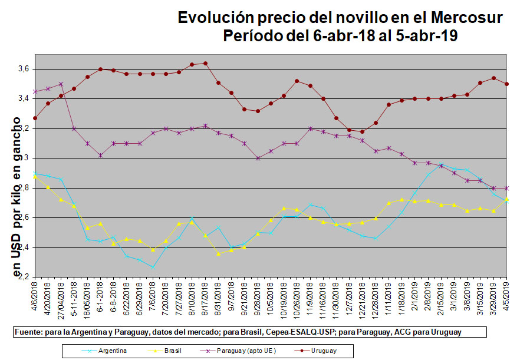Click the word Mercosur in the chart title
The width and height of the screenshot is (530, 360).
463,18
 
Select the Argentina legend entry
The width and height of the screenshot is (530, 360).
112,351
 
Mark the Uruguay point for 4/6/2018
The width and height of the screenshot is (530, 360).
35,118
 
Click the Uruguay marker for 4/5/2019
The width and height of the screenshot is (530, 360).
507,84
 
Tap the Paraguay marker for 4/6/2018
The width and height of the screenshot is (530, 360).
35,91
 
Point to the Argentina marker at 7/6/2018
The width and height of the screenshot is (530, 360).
153,267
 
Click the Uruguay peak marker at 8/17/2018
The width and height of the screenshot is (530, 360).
205,63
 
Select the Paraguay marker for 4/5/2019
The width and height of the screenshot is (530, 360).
507,188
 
